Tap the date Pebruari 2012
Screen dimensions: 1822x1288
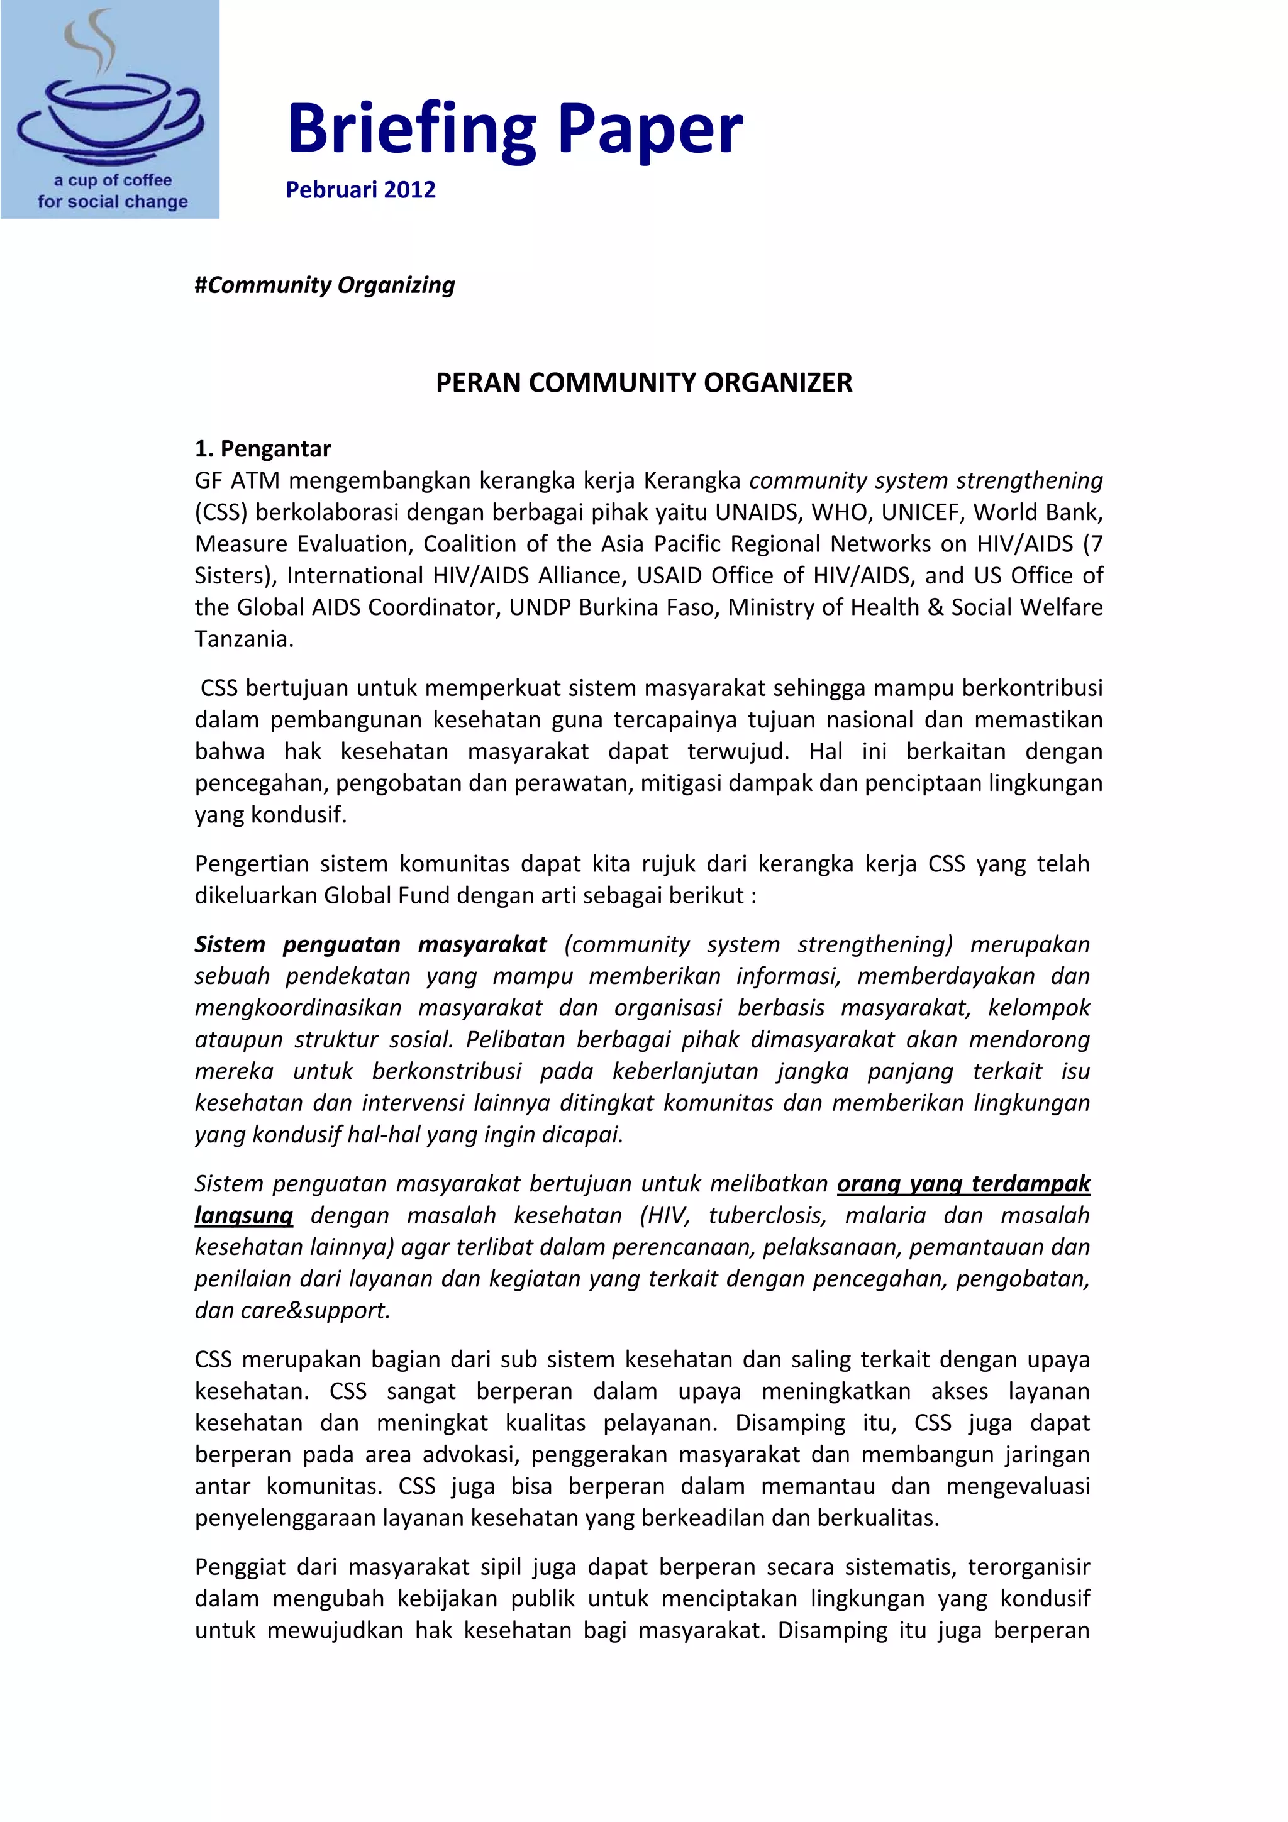360,190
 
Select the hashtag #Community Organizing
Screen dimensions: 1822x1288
325,285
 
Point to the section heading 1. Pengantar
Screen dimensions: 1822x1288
263,448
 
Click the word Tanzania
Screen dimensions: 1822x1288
243,639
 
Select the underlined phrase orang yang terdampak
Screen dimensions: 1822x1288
963,1183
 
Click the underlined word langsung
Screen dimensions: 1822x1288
243,1215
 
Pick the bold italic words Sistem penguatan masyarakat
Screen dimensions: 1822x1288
370,944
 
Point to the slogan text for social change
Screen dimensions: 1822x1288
113,202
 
